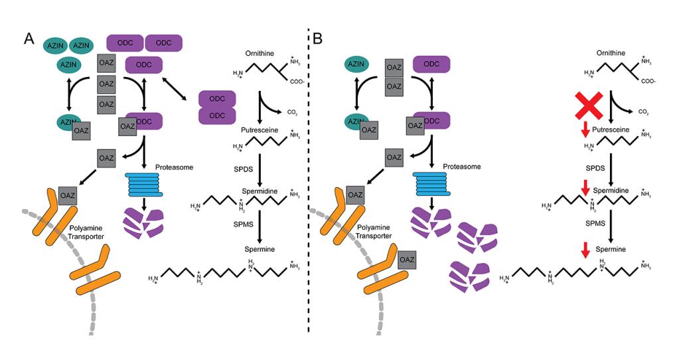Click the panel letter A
tap(29, 39)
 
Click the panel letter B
tap(317, 39)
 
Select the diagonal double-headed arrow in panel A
tap(181, 94)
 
